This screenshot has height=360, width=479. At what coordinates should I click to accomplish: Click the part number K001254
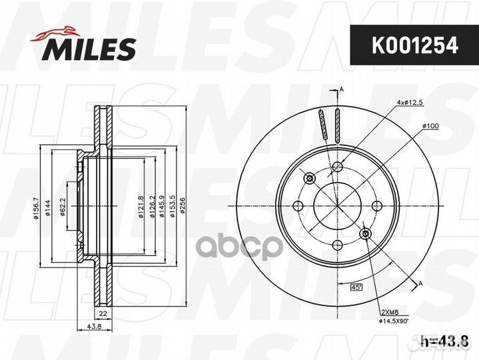[x=415, y=45]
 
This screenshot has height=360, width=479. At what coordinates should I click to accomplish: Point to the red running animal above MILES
[x=55, y=33]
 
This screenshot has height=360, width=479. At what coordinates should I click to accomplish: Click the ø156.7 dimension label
[x=37, y=209]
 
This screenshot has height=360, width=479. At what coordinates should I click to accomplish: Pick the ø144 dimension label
[x=48, y=208]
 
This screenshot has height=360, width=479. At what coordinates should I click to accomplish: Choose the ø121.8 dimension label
[x=141, y=207]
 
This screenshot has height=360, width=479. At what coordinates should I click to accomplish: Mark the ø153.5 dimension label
[x=173, y=207]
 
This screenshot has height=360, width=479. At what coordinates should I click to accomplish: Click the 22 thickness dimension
[x=103, y=313]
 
